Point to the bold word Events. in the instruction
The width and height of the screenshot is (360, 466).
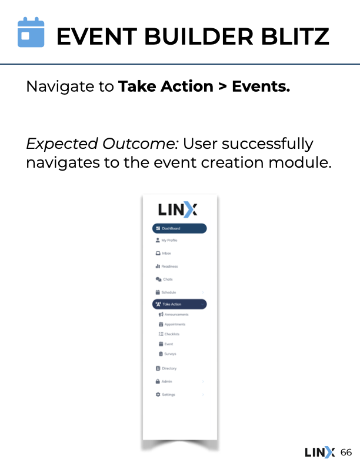pyautogui.click(x=261, y=86)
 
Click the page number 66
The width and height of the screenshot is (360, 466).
pyautogui.click(x=346, y=452)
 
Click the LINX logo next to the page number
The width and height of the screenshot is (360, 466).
pyautogui.click(x=319, y=452)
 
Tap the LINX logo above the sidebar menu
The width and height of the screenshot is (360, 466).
pyautogui.click(x=178, y=209)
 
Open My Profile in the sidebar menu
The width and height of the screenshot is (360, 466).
pyautogui.click(x=169, y=240)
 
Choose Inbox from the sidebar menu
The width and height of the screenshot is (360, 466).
pyautogui.click(x=166, y=254)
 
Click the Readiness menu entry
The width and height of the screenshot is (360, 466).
pyautogui.click(x=169, y=267)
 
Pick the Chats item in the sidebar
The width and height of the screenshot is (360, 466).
pyautogui.click(x=168, y=279)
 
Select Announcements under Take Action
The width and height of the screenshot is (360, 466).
pyautogui.click(x=176, y=315)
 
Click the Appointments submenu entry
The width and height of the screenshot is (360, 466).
pyautogui.click(x=175, y=324)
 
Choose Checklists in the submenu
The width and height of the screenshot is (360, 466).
pyautogui.click(x=172, y=334)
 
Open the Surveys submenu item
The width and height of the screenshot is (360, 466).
pyautogui.click(x=170, y=354)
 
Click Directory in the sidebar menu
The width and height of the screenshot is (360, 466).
pyautogui.click(x=169, y=368)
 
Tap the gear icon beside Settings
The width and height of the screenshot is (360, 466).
pyautogui.click(x=158, y=394)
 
